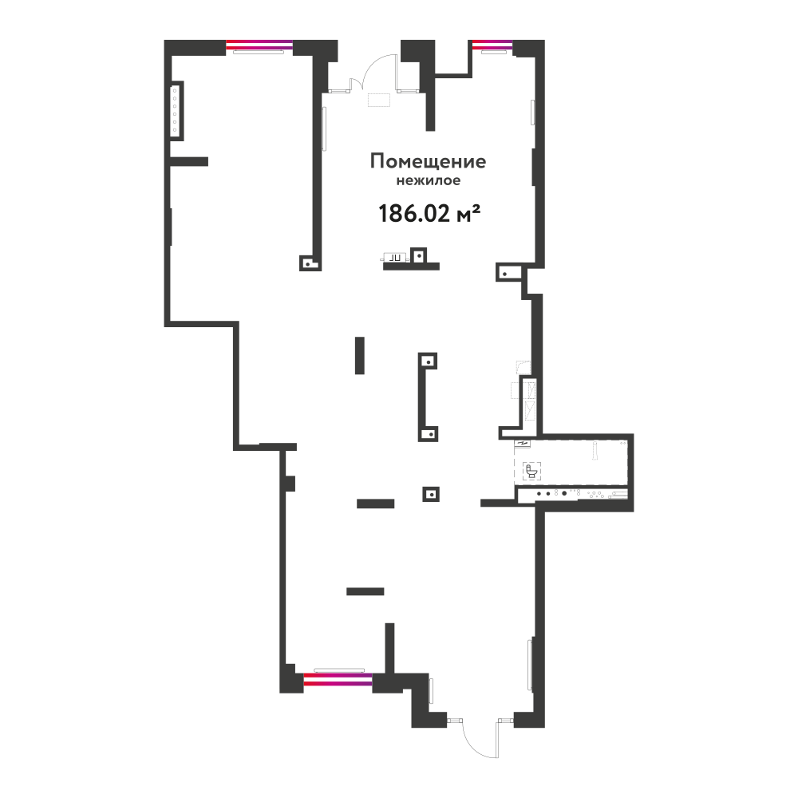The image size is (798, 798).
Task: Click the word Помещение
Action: [428, 162]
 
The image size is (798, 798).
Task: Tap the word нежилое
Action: [428, 180]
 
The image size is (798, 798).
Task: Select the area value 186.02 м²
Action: [429, 214]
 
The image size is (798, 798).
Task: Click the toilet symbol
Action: [531, 472]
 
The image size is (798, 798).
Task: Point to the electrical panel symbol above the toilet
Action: [523, 443]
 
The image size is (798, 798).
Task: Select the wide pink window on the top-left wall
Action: [259, 45]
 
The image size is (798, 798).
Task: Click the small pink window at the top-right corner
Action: [492, 45]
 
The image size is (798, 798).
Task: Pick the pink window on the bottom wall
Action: [338, 679]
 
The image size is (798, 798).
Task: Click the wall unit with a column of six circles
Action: [176, 110]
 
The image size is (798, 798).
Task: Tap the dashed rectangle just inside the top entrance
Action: [379, 100]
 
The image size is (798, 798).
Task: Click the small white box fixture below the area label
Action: [394, 258]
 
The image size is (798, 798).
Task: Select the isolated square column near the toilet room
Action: [431, 494]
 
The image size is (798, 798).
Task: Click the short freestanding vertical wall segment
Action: [360, 355]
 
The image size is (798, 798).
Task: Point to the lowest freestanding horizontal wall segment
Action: [365, 591]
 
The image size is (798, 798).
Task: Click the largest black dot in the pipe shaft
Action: [564, 493]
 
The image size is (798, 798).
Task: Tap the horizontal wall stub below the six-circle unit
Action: [189, 161]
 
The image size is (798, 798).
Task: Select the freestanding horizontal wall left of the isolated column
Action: [376, 504]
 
